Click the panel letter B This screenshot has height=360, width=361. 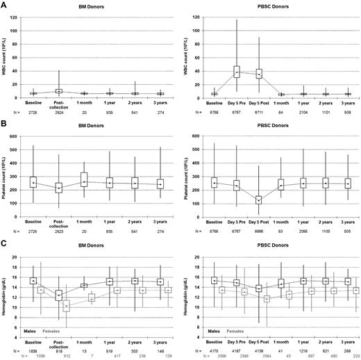point(5,124)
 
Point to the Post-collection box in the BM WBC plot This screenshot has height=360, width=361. point(59,90)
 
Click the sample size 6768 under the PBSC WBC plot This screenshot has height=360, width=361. point(213,109)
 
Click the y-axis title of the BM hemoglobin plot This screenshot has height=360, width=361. point(6,297)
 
